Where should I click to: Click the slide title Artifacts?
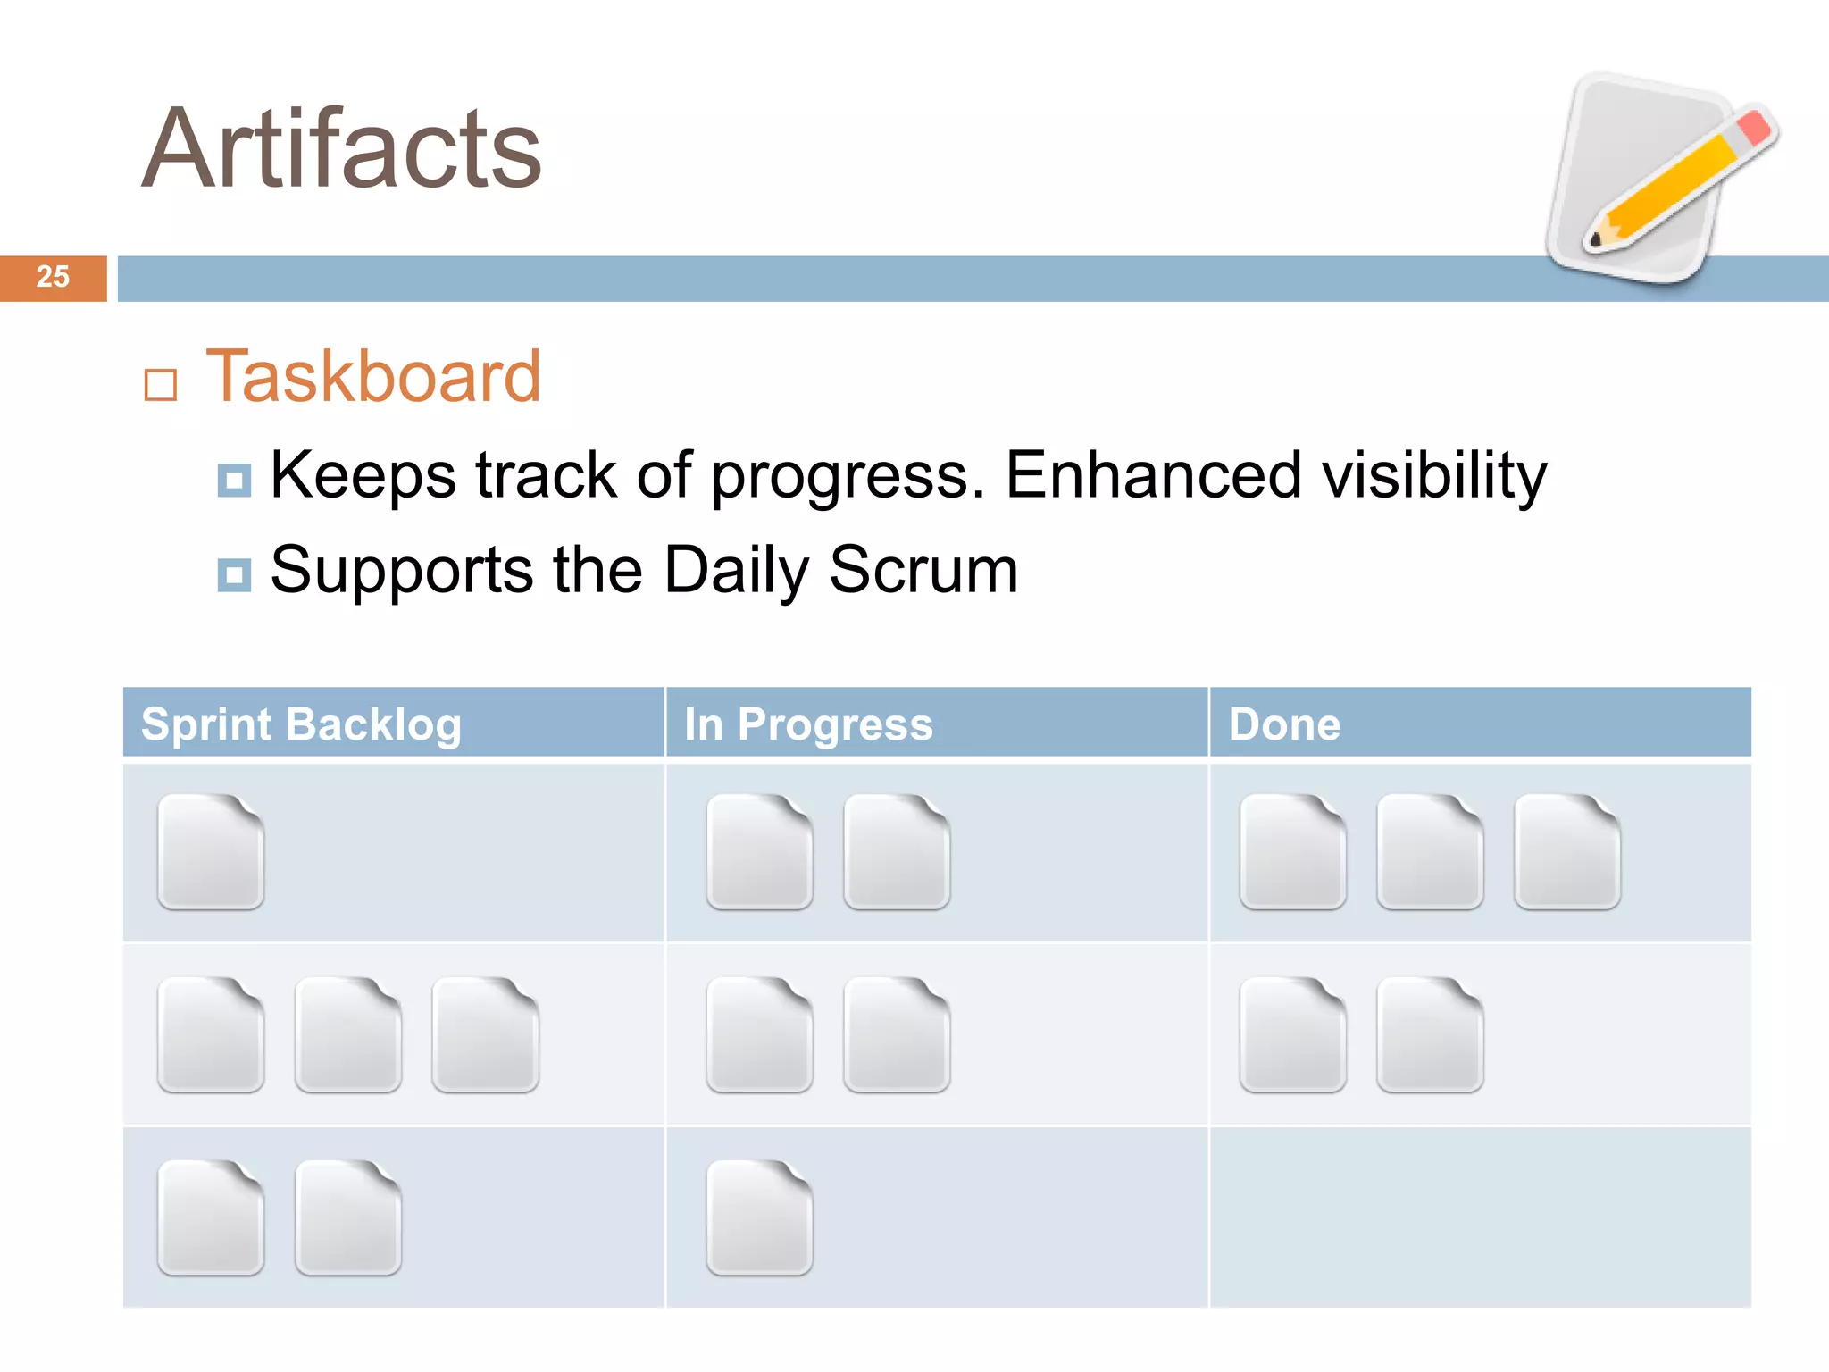pos(341,148)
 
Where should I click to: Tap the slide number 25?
pos(53,278)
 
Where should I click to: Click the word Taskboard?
pos(373,377)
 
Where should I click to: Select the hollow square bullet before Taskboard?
pos(161,385)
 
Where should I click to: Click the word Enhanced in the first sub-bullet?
pos(1153,474)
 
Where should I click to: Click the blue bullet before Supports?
pos(234,575)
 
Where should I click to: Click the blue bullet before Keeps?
pos(234,481)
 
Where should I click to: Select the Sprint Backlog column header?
pos(302,724)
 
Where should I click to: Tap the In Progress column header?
pos(808,724)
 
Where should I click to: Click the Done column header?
pos(1284,724)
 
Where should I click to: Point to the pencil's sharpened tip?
pos(1596,239)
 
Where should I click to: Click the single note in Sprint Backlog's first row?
pos(211,852)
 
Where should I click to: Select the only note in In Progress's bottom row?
pos(759,1217)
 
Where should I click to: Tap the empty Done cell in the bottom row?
pos(1480,1217)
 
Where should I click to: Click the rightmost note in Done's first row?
pos(1567,852)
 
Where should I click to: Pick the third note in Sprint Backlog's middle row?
pos(485,1035)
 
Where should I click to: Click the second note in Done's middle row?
pos(1430,1035)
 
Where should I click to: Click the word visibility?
pos(1434,476)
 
